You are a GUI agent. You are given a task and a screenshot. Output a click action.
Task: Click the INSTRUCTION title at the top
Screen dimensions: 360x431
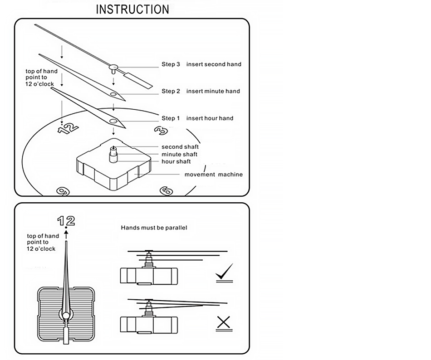point(132,9)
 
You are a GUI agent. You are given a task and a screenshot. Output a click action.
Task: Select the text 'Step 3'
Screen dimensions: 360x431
point(171,64)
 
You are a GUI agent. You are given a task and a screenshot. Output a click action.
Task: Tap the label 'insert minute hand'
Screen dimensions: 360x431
point(213,91)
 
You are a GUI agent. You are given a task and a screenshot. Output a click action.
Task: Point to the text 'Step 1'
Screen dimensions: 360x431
point(171,118)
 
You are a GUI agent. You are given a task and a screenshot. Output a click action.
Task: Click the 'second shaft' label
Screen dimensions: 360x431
point(180,147)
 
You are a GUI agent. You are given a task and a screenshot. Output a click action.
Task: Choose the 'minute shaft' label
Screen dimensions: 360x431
point(179,155)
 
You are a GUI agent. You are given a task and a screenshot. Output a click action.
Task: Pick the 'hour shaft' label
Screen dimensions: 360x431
point(176,162)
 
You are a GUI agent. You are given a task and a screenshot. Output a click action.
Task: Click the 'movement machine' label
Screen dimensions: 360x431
point(213,175)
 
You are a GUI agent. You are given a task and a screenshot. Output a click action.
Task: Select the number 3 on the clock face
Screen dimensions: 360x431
point(160,131)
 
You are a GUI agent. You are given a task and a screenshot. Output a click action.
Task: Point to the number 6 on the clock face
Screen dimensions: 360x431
point(167,191)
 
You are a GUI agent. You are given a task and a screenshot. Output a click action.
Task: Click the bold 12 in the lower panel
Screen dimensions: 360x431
point(66,221)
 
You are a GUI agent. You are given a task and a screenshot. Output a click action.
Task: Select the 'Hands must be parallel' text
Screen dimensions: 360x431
point(154,228)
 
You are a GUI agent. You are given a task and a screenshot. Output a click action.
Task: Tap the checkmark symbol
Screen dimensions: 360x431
point(224,272)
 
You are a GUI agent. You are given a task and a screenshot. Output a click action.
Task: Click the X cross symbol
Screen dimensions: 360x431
point(223,322)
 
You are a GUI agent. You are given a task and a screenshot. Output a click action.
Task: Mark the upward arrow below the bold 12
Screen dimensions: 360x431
point(66,234)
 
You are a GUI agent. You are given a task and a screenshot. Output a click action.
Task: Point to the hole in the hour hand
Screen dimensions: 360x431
point(113,121)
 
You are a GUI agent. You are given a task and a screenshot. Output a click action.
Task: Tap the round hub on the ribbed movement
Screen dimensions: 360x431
point(66,315)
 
